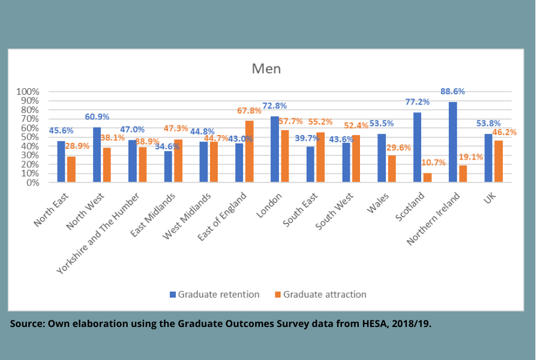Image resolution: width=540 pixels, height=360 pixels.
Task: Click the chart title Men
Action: pos(266,68)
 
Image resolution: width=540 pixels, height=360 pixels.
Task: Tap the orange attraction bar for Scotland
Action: pos(427,178)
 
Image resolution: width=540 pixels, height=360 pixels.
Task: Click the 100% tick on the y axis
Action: pos(28,92)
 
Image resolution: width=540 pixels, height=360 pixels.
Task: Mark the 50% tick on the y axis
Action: pos(29,137)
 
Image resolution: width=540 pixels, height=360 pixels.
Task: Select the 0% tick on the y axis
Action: pos(32,182)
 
